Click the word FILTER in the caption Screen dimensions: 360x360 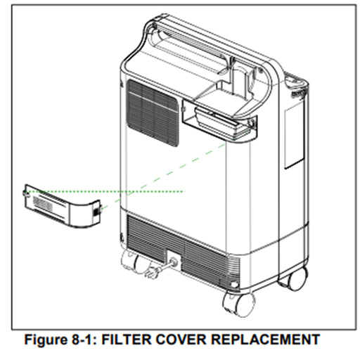pyautogui.click(x=127, y=339)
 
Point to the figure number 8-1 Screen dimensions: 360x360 pyautogui.click(x=83, y=339)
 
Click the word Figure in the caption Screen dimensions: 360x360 pyautogui.click(x=46, y=340)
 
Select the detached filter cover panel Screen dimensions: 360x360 pyautogui.click(x=63, y=206)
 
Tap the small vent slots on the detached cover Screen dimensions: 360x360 pyautogui.click(x=43, y=203)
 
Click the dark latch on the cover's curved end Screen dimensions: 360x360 pyautogui.click(x=96, y=212)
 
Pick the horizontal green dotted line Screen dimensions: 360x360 pyautogui.click(x=105, y=191)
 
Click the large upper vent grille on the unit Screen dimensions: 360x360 pyautogui.click(x=153, y=113)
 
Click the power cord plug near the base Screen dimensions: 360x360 pyautogui.click(x=153, y=273)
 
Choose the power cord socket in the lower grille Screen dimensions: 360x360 pyautogui.click(x=173, y=262)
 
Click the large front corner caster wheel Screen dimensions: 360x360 pyautogui.click(x=239, y=304)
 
